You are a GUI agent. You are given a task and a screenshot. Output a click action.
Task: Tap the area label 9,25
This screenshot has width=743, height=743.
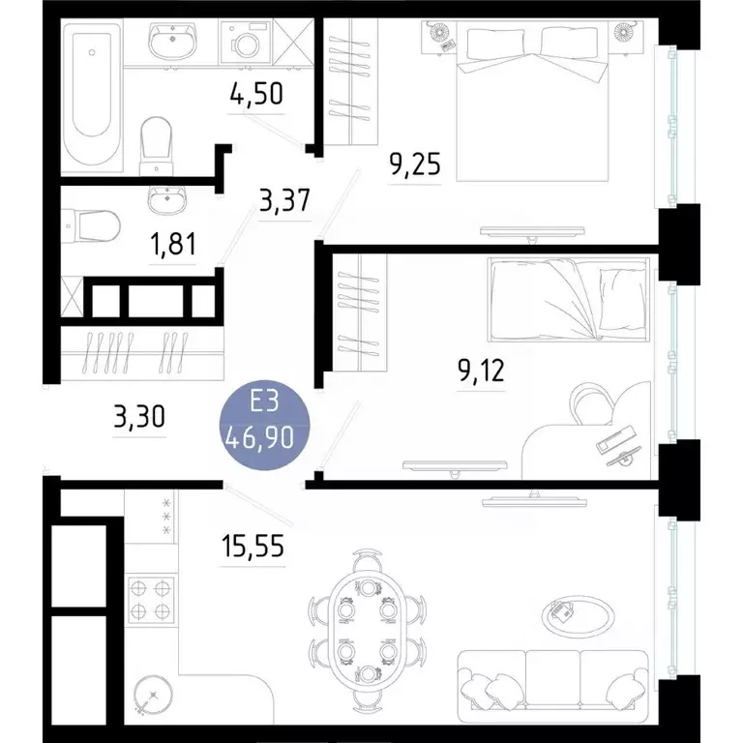(x=415, y=164)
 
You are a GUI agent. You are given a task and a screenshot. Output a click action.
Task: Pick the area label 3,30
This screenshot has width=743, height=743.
(x=140, y=418)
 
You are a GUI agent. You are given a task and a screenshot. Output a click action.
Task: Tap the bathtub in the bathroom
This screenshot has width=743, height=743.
(x=92, y=97)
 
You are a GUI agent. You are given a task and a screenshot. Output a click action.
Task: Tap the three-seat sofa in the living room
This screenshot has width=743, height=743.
(x=551, y=682)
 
